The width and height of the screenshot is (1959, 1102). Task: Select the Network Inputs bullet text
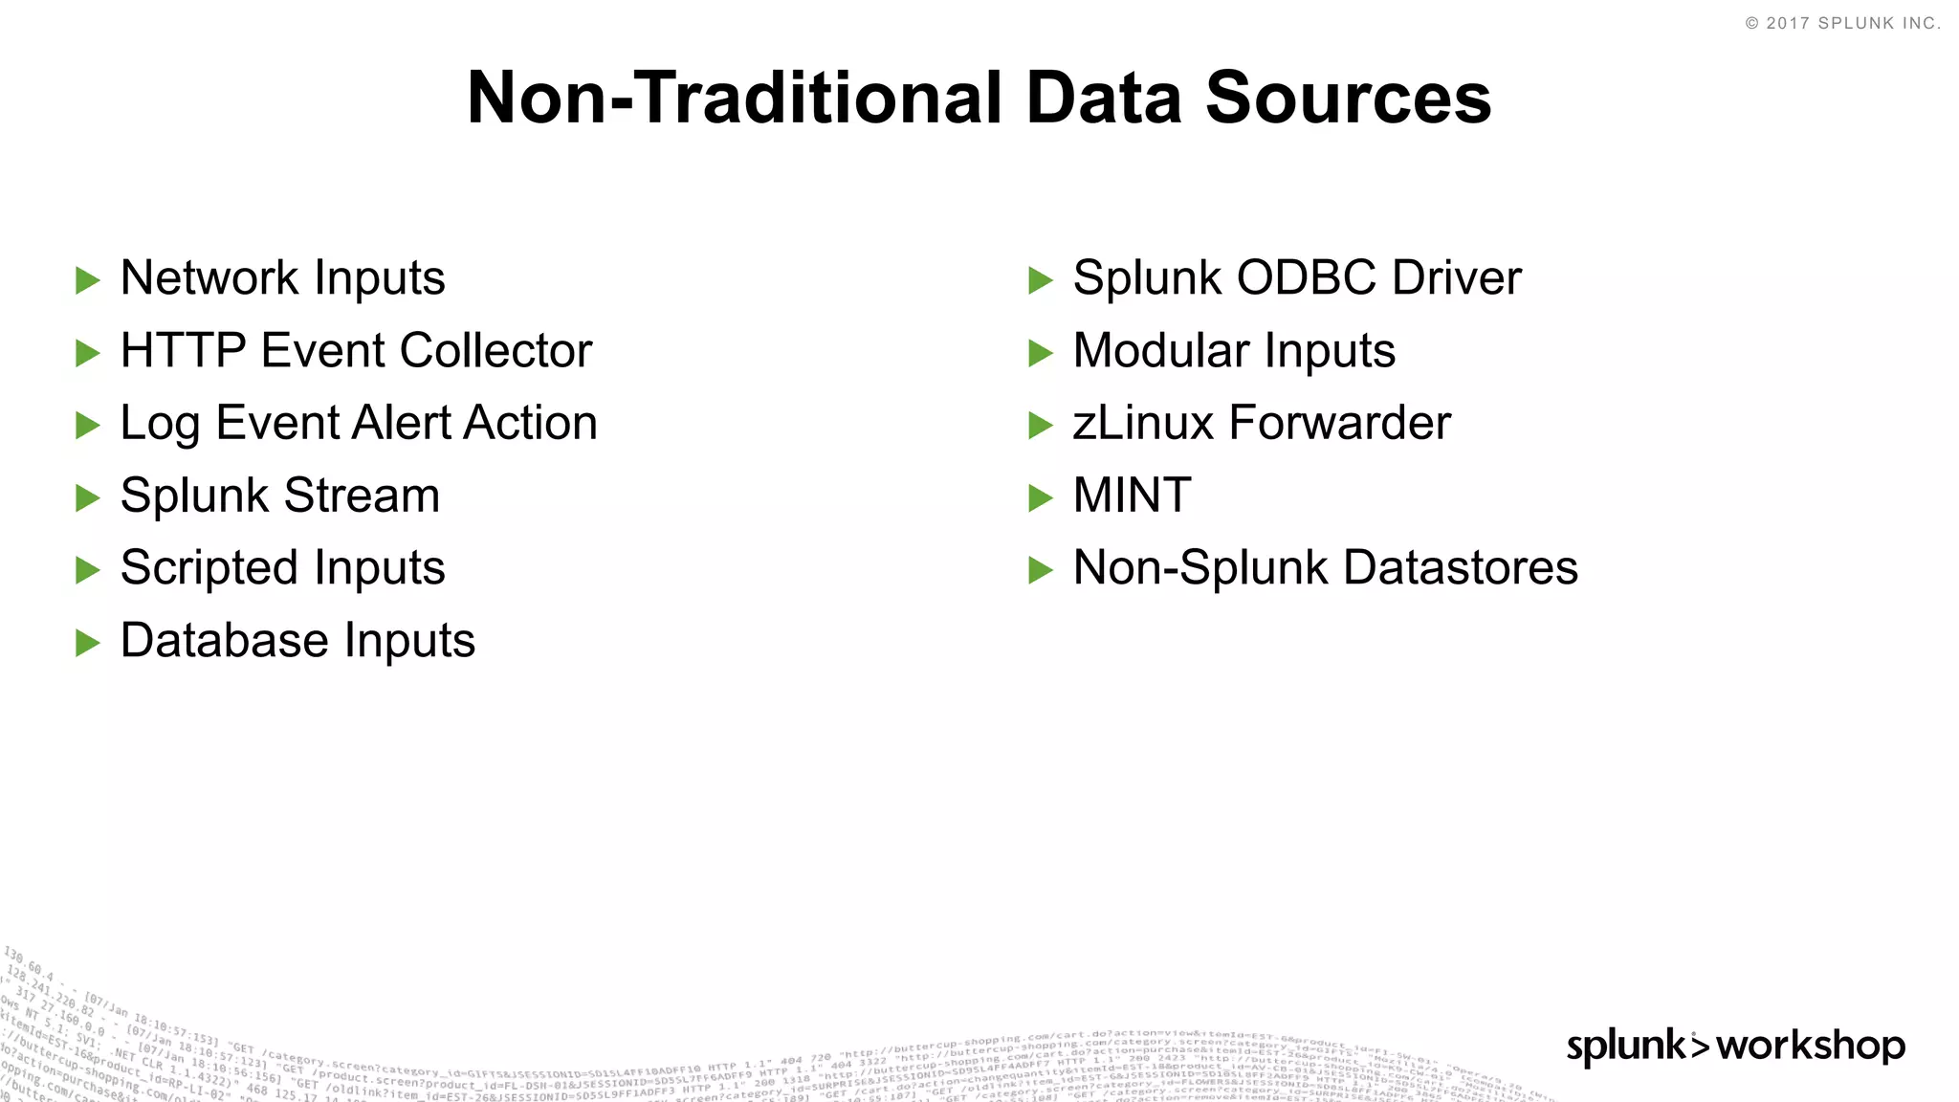click(282, 278)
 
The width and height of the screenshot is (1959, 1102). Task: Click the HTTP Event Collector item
click(356, 351)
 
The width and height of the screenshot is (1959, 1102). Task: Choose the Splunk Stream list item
click(279, 496)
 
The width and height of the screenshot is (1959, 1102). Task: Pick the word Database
click(225, 640)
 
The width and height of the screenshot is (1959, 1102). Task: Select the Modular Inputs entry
click(1234, 351)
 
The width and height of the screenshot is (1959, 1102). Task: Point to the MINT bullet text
click(1132, 496)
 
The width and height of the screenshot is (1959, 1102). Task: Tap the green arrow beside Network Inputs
click(88, 280)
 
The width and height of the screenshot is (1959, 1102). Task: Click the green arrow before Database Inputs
click(88, 643)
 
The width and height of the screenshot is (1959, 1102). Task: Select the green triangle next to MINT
click(1041, 497)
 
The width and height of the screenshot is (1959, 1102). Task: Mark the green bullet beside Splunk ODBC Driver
click(1041, 280)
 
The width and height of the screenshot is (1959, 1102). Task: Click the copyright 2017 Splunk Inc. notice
click(1842, 23)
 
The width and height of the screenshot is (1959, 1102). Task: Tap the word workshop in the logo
click(1811, 1046)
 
